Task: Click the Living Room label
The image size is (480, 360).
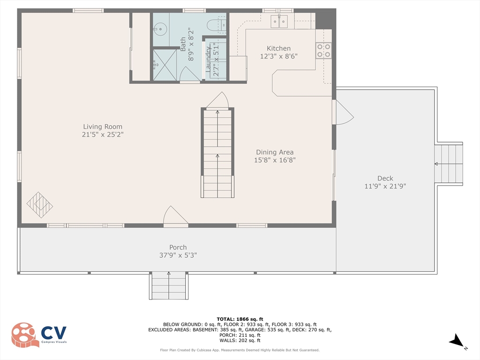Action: (x=103, y=127)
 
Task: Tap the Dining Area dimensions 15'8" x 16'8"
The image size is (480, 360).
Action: (x=275, y=160)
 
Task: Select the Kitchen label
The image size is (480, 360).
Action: (x=278, y=48)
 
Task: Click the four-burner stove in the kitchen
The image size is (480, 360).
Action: (x=323, y=51)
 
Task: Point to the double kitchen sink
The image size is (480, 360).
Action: (x=279, y=21)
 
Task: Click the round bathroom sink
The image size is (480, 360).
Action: (x=159, y=30)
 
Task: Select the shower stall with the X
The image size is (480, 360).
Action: (x=165, y=65)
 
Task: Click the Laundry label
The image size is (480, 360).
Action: (x=208, y=59)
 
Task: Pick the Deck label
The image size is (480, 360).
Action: (x=385, y=178)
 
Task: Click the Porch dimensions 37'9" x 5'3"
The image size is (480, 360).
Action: (x=178, y=255)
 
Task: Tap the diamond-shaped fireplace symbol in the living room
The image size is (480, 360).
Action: (x=39, y=205)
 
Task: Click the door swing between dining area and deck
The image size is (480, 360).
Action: (x=343, y=112)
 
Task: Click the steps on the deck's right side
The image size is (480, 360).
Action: (x=449, y=164)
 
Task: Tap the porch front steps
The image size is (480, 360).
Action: (x=169, y=285)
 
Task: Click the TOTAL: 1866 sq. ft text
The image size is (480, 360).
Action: (x=240, y=319)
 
